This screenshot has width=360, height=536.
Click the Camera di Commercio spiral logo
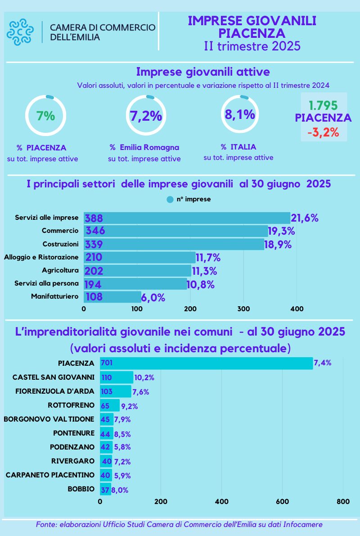tap(20, 32)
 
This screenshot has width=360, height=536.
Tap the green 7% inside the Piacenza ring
tap(46, 116)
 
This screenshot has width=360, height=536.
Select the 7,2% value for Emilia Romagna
tap(146, 116)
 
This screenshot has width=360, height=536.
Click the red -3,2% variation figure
tap(323, 133)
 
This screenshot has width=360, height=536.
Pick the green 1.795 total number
tap(323, 106)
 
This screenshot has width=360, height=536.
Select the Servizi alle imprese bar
tap(187, 218)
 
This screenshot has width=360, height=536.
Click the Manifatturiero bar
tap(112, 297)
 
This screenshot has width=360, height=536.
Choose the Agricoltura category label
tap(60, 270)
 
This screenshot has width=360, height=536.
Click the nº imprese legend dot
tap(170, 199)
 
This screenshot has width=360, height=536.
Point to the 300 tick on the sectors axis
tap(244, 309)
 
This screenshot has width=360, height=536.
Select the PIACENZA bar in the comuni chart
tap(206, 363)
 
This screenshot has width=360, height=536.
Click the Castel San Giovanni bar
tap(117, 377)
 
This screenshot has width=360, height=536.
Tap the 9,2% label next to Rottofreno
tap(130, 406)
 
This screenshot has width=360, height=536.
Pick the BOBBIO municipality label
tap(81, 489)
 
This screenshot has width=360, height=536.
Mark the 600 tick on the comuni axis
tap(282, 501)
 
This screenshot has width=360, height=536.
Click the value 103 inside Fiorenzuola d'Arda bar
tap(107, 391)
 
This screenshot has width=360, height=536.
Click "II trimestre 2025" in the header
tap(252, 46)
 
